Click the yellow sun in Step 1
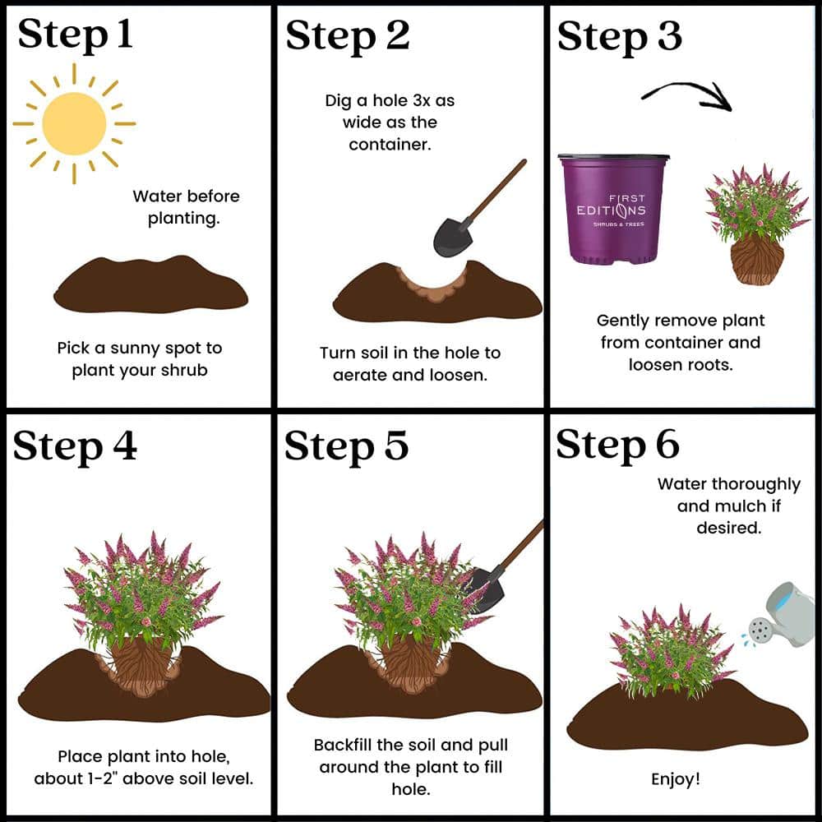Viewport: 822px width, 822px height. (74, 124)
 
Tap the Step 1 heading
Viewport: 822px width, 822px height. (75, 35)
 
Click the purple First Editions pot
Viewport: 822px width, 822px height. (613, 209)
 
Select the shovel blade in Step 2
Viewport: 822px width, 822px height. (452, 237)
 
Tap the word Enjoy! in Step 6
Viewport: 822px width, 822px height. (675, 779)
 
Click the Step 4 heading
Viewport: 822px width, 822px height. (75, 446)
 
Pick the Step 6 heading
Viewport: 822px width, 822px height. (618, 445)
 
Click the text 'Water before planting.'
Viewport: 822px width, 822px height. (186, 207)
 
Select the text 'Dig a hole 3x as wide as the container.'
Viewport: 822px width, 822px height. (390, 122)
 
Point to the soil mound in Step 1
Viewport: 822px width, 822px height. (150, 284)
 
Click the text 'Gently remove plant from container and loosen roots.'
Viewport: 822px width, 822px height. (681, 342)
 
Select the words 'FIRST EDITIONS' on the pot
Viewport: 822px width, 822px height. (612, 205)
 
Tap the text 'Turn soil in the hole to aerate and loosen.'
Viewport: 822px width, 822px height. (410, 364)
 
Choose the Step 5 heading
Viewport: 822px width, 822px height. (347, 446)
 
